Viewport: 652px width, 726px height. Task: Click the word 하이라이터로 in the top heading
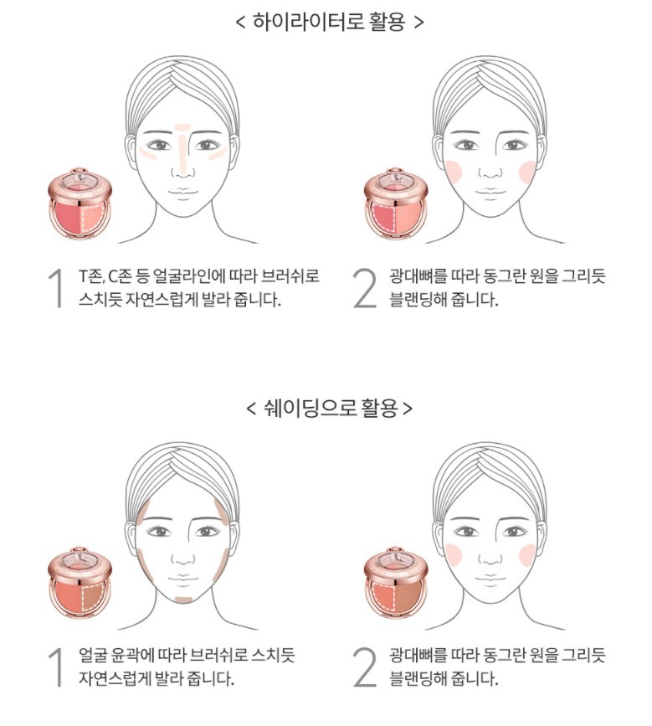point(308,22)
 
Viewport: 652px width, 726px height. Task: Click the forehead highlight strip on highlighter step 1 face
point(182,127)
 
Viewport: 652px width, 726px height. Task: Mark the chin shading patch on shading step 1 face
point(183,600)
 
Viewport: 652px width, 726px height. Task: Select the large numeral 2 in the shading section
point(365,667)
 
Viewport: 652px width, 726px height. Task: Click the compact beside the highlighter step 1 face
point(80,204)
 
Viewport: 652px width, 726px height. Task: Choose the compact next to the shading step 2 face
point(396,584)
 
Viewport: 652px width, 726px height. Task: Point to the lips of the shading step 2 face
point(490,579)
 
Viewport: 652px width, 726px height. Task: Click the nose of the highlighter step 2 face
point(490,172)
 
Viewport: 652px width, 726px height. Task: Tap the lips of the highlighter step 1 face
point(183,193)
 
